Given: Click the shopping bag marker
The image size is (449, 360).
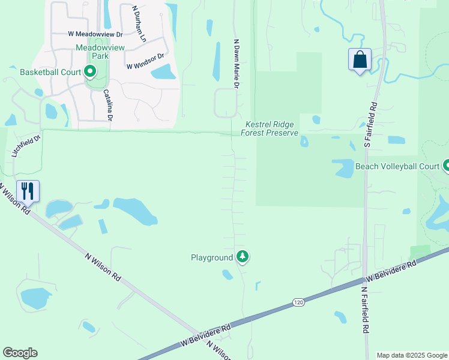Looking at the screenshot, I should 360,60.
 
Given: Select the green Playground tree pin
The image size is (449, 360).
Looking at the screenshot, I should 243,257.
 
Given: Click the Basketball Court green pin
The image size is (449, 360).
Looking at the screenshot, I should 90,73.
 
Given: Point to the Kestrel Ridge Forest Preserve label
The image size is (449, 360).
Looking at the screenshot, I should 270,128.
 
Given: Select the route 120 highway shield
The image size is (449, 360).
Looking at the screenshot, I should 298,302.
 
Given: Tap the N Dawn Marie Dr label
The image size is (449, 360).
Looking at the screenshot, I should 237,65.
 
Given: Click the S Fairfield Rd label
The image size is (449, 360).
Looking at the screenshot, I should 372,124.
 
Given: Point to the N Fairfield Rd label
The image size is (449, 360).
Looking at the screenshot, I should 364,310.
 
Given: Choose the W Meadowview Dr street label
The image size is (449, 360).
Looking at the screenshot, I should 95,35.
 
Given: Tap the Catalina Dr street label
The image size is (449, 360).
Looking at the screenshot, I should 107,105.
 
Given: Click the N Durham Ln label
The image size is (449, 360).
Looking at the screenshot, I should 139,24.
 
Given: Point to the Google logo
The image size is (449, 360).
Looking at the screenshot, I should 20,353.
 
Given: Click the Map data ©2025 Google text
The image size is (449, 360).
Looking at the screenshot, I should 411,355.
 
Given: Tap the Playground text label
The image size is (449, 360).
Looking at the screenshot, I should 212,257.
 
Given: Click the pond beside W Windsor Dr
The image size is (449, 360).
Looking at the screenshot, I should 163,73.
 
